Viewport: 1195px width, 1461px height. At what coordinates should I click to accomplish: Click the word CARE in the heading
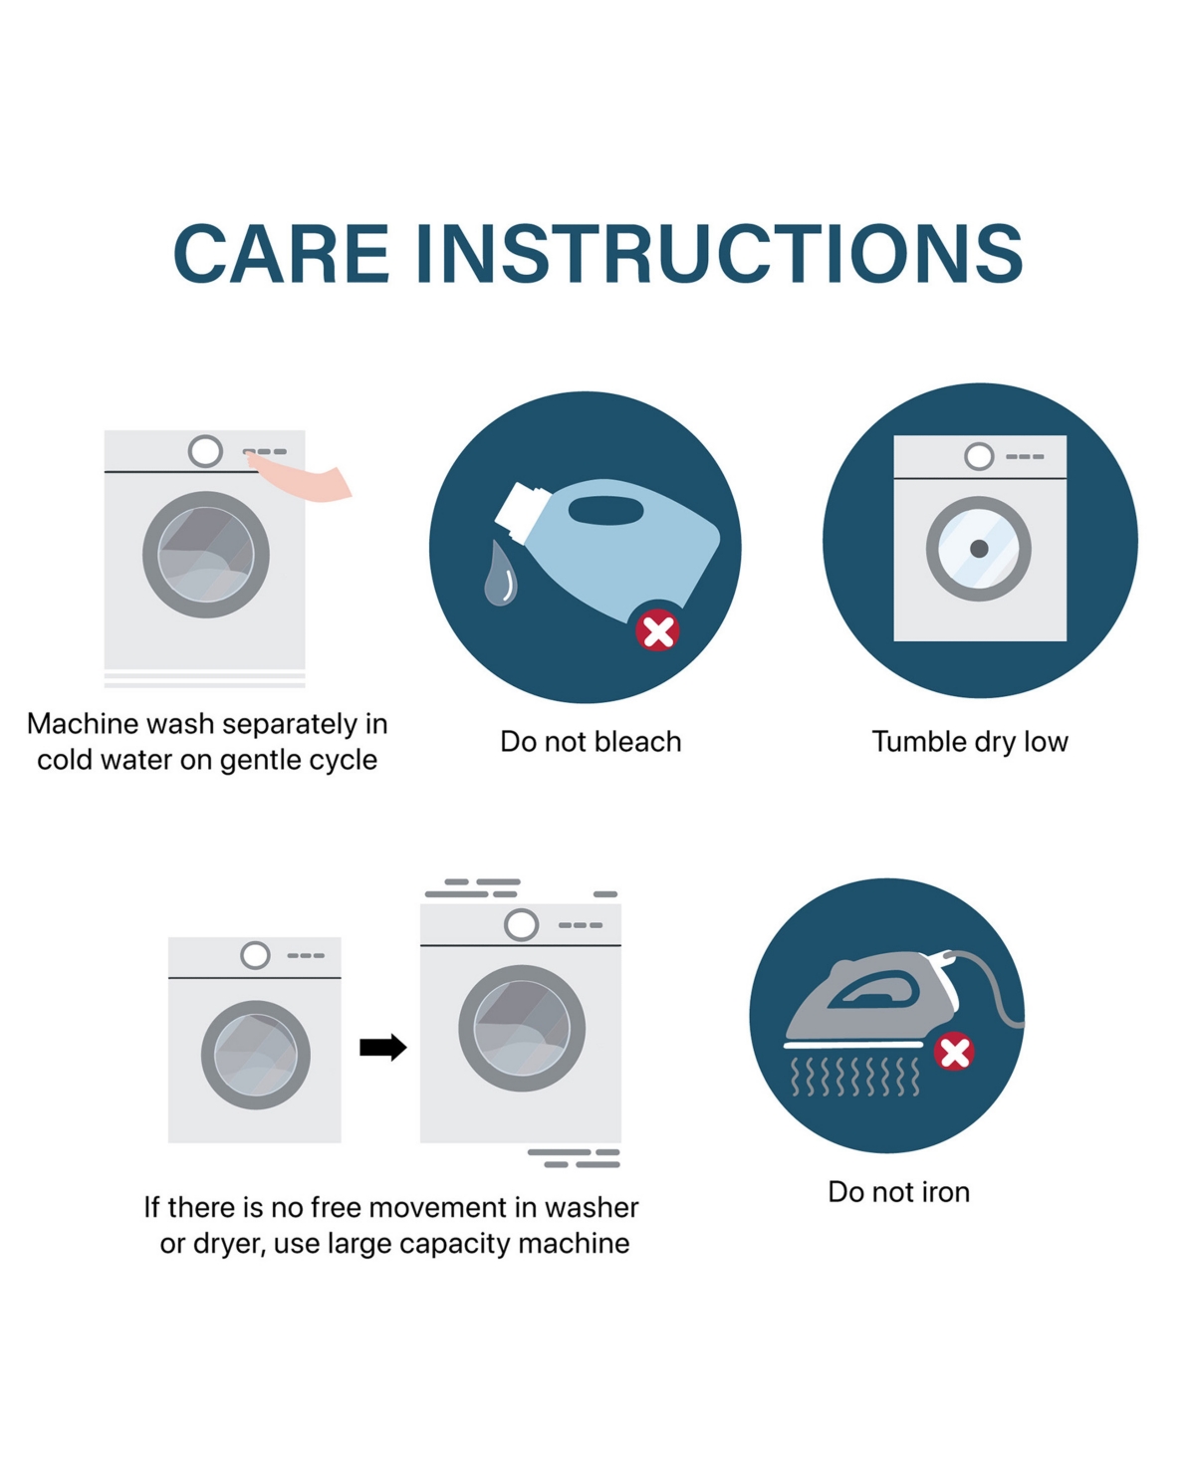[x=282, y=254]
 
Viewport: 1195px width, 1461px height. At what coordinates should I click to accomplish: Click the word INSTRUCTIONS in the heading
[x=719, y=254]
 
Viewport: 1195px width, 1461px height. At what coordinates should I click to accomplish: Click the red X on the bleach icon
[x=657, y=630]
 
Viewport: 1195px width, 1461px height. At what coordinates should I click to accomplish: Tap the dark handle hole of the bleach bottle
[x=605, y=511]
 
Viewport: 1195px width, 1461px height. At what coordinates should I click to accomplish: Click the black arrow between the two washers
[x=383, y=1047]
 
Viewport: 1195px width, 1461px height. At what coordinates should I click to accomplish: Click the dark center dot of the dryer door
[x=979, y=549]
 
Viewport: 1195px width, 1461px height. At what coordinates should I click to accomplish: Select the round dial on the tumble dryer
[x=979, y=456]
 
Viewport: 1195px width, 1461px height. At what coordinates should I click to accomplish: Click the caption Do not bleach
[x=591, y=742]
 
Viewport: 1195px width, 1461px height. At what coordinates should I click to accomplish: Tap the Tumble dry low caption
[x=970, y=742]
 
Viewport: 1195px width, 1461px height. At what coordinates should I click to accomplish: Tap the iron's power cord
[x=992, y=984]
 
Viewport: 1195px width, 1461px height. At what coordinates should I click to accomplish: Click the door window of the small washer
[x=256, y=1055]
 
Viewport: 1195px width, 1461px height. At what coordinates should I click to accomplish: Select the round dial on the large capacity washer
[x=521, y=924]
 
